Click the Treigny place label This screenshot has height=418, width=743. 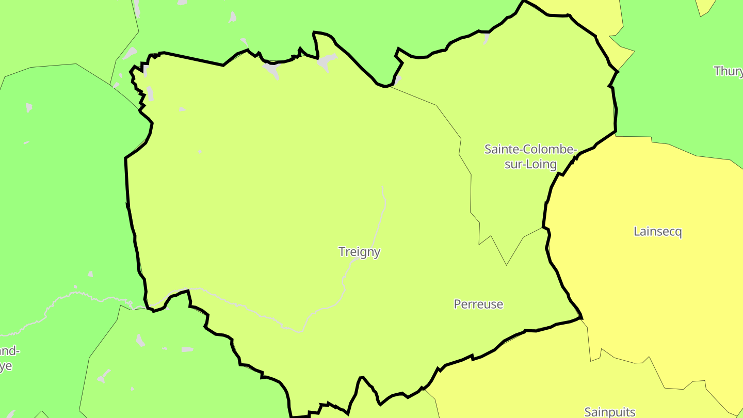click(359, 252)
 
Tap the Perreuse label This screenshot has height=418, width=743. click(478, 304)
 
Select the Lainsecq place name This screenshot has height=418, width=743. click(657, 231)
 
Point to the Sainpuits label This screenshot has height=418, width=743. click(609, 412)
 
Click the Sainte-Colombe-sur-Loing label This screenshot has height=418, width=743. click(530, 157)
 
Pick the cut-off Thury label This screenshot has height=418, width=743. click(728, 71)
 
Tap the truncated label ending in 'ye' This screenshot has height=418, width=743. click(6, 366)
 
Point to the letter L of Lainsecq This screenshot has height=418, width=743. click(637, 231)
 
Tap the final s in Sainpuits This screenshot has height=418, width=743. click(632, 412)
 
